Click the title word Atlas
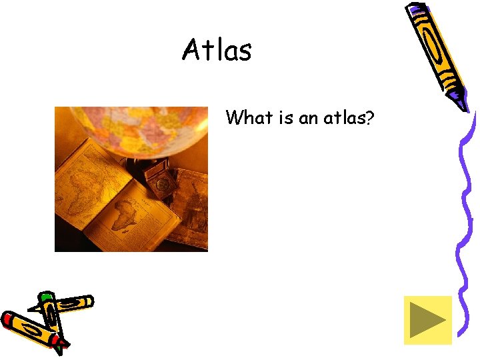point(217,50)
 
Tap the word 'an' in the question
point(309,119)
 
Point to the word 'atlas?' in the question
point(349,118)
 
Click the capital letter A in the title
point(192,50)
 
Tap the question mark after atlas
point(370,118)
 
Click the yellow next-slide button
point(427,321)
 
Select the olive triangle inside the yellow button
point(425,321)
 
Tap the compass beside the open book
point(159,180)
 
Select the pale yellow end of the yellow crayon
point(87,301)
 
